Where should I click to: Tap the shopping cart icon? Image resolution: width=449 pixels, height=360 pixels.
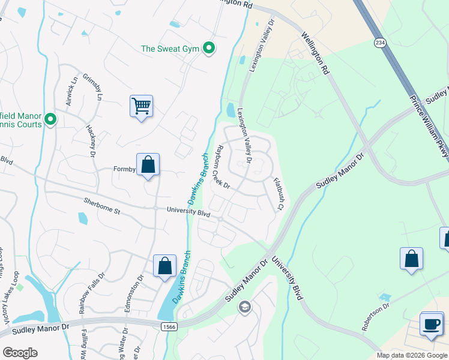point(141,106)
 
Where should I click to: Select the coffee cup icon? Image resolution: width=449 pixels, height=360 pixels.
point(431,323)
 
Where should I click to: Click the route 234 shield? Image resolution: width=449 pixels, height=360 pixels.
point(379,43)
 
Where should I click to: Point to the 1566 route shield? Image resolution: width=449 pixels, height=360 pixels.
point(169,325)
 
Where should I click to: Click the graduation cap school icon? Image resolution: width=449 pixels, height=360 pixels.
point(244,308)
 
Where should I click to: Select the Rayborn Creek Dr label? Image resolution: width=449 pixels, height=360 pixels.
point(224,167)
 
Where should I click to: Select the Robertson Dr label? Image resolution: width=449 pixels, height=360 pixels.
point(376,319)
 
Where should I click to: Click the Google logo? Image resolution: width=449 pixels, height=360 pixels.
point(20,352)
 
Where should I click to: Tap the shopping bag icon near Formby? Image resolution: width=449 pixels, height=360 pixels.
point(148,164)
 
